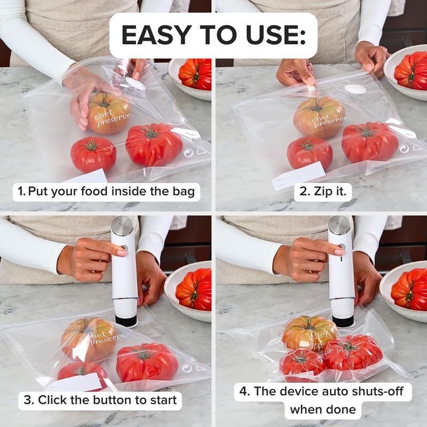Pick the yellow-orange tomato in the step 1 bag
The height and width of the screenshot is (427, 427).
point(109,113)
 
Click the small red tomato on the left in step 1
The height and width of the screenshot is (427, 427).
point(93,154)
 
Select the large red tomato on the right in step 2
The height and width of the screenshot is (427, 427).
point(370,142)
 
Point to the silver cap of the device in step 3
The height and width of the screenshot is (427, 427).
point(123,226)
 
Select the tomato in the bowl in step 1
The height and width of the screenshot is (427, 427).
point(196,74)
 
